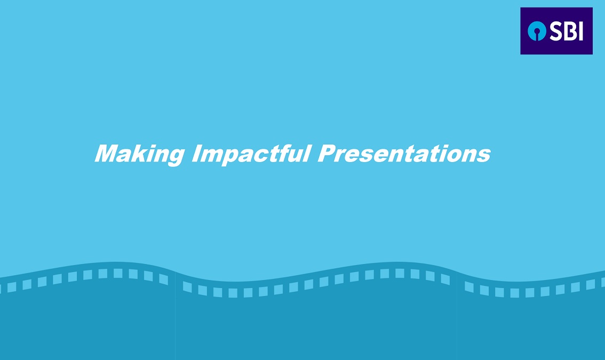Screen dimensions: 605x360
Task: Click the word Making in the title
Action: click(x=140, y=154)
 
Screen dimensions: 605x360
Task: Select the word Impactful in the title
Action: click(x=251, y=154)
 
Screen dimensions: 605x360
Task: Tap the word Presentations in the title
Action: click(x=404, y=154)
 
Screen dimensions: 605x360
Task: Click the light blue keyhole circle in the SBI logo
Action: click(x=537, y=31)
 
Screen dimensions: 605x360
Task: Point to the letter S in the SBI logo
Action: click(x=556, y=31)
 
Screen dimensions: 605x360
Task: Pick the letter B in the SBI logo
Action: click(x=571, y=31)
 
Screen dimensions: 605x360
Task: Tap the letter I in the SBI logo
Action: click(x=580, y=31)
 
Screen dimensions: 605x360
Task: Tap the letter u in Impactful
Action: click(x=295, y=156)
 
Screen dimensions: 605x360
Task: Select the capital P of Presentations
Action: click(x=327, y=154)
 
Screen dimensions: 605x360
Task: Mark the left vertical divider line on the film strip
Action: click(x=175, y=316)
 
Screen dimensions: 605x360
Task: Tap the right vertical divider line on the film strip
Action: click(x=457, y=316)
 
